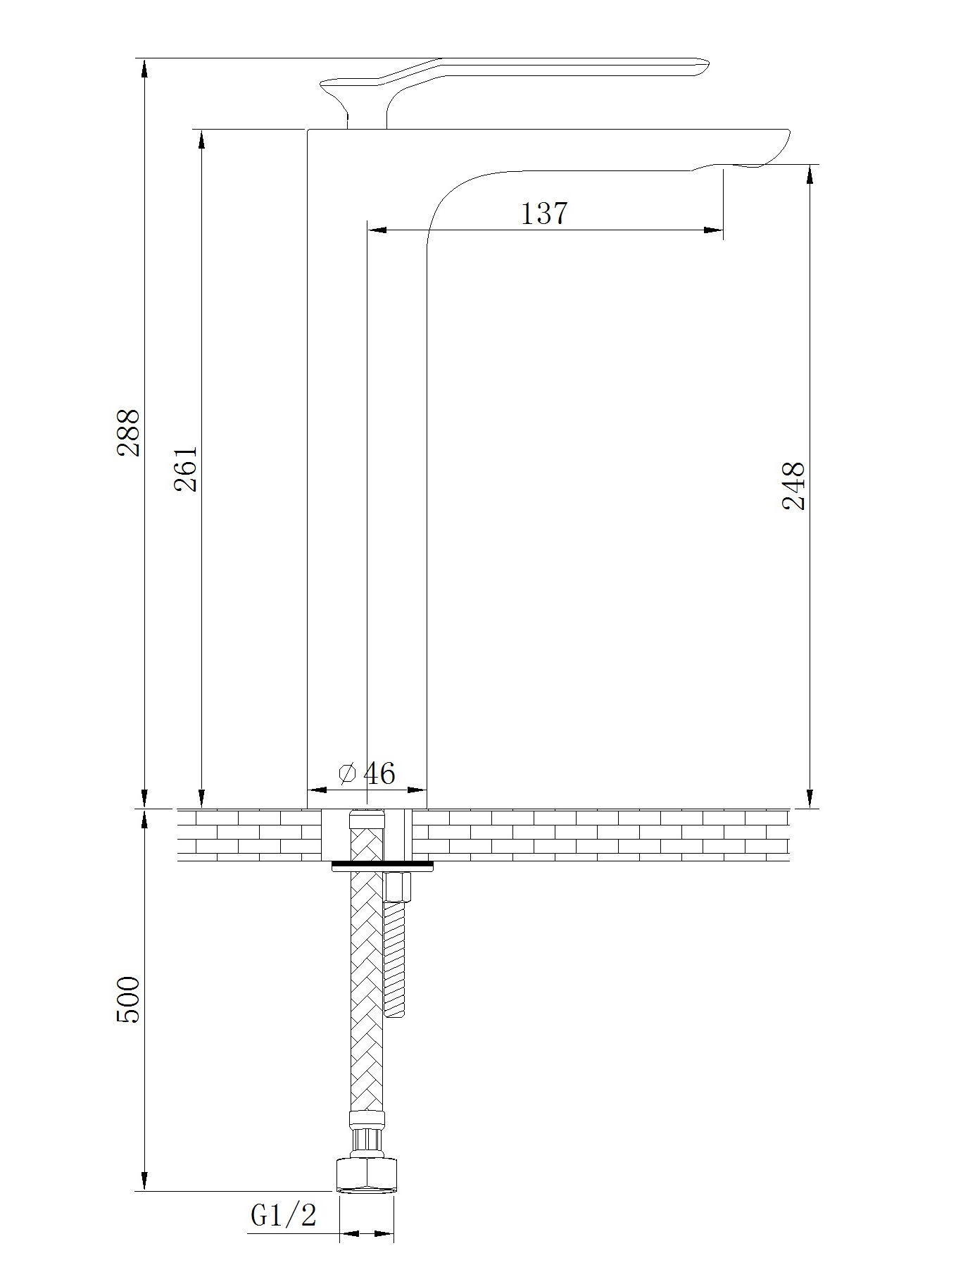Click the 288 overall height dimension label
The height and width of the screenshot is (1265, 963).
[128, 432]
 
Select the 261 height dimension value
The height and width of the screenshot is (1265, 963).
[186, 468]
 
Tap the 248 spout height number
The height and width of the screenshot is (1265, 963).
[793, 486]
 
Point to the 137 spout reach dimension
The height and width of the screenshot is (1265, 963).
[544, 213]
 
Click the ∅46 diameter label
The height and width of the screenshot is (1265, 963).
[367, 773]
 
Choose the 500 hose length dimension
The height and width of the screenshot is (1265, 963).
[128, 999]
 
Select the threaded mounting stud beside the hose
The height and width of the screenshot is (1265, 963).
[395, 958]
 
